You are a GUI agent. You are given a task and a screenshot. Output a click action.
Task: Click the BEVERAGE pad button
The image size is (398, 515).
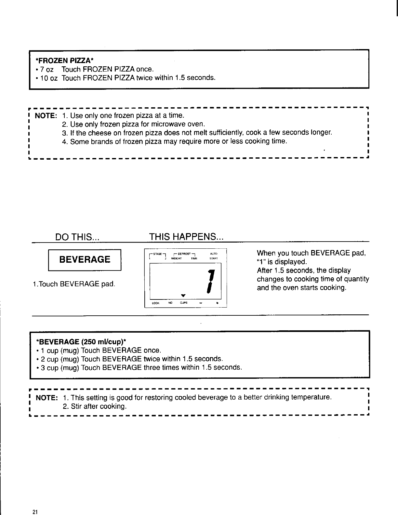pyautogui.click(x=85, y=259)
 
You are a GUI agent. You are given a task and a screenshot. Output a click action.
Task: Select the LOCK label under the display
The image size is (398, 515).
pyautogui.click(x=156, y=303)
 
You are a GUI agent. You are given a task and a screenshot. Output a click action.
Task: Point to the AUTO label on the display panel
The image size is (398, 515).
pyautogui.click(x=213, y=254)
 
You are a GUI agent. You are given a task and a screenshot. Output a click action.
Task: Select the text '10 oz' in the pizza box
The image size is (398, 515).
pyautogui.click(x=48, y=78)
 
